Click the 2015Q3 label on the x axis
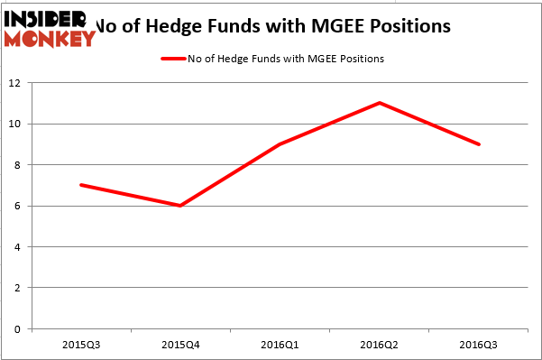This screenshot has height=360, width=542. coord(81,346)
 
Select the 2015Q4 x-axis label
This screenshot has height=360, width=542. coord(180,346)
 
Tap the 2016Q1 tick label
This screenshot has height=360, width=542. coord(280,346)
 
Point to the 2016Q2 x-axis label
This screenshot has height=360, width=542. coord(380,346)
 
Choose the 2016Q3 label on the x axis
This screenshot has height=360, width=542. coord(479,346)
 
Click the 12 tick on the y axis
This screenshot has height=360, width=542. coord(19,83)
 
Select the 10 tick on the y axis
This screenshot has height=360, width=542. coord(19,124)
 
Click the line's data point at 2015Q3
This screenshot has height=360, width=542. coord(81,185)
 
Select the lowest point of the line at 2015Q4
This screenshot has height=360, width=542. coord(180,206)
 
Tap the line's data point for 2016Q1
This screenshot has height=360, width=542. coord(280,144)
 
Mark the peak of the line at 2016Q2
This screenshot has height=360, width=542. coord(380,103)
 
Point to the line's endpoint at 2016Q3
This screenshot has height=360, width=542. coord(479,144)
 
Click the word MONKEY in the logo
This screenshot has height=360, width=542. coord(50,39)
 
